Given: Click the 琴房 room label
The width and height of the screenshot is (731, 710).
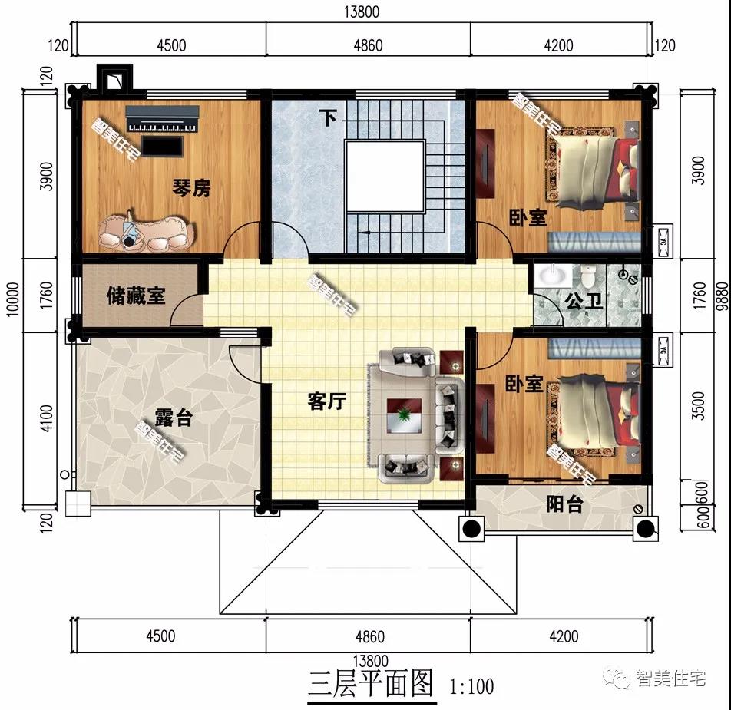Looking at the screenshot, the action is point(192,188).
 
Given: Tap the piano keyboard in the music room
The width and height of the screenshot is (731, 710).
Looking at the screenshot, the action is point(163,120).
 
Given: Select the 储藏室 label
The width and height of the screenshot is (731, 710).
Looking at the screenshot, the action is point(136,296).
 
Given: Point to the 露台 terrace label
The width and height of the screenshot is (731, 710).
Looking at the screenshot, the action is point(174,418).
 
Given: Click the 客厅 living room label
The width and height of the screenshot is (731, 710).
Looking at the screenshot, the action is point(327,401).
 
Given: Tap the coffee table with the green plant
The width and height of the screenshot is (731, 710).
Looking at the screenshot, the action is point(404,415).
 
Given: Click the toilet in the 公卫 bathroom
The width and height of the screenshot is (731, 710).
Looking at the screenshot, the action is point(588,276).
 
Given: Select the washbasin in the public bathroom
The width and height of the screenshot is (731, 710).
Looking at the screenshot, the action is point(553,275).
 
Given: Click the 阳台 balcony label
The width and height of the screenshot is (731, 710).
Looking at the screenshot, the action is point(564,504).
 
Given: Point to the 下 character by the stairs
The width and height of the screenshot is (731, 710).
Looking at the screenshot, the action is point(328,118).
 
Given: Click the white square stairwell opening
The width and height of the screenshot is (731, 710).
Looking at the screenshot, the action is point(385,177).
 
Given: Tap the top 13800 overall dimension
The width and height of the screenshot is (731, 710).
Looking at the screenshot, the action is point(362,12).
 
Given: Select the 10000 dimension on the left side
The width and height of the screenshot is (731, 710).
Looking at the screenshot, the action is point(13,299).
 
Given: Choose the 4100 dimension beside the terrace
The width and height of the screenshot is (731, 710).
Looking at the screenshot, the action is point(47,418).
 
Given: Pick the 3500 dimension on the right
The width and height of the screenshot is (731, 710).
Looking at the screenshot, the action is point(698,406).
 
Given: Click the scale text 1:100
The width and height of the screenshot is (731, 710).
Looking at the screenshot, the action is point(471,686).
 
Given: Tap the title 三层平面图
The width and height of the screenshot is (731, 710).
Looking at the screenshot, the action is point(371,683).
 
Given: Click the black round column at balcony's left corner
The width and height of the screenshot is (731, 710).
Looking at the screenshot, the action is point(471,529).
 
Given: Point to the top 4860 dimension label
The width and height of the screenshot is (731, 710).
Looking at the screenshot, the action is point(369,45).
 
